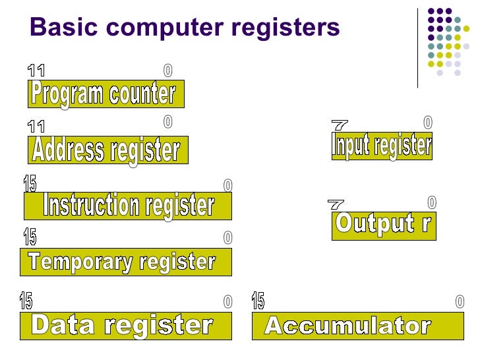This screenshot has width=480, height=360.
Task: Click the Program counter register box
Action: click(x=105, y=94)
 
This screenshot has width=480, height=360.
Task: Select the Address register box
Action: click(x=107, y=150)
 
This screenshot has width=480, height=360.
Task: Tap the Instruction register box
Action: click(x=128, y=206)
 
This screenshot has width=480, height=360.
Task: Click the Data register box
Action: click(x=125, y=326)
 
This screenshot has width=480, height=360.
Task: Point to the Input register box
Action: click(x=382, y=145)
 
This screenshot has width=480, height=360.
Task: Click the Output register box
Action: click(x=383, y=225)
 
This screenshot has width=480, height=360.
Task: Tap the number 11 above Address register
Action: click(x=36, y=126)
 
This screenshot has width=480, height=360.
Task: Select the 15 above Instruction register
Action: click(x=30, y=184)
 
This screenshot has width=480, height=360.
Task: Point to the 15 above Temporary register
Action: click(x=30, y=236)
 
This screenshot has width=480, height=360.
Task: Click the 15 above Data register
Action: click(x=26, y=301)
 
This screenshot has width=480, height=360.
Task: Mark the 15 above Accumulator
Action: click(x=258, y=301)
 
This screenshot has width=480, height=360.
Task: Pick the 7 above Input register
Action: click(x=340, y=125)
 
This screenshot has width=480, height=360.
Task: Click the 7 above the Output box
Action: click(x=336, y=205)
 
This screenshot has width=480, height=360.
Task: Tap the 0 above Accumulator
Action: click(x=460, y=302)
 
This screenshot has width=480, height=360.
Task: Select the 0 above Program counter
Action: click(x=167, y=69)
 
